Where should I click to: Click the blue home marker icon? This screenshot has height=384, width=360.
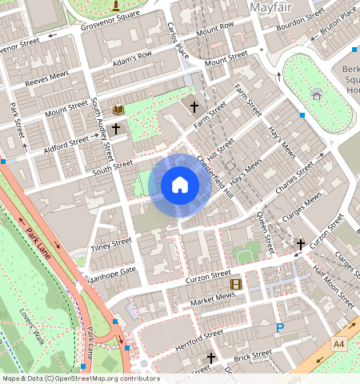(x=180, y=186)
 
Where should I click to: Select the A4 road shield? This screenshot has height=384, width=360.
(x=339, y=342)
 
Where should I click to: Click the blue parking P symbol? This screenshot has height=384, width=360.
(x=280, y=327)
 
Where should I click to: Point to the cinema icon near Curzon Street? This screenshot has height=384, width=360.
(x=235, y=284)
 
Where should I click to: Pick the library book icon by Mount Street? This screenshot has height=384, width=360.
(x=119, y=110)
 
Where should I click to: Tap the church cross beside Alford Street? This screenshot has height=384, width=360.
(x=116, y=128)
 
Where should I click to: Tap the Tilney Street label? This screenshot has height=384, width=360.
(x=111, y=243)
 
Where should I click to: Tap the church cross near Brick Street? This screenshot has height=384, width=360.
(x=211, y=358)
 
